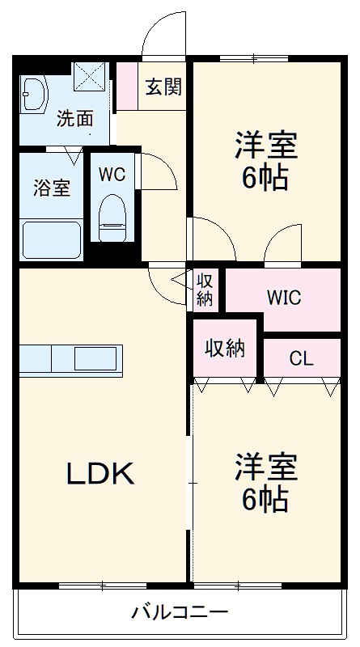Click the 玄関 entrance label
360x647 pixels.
(163, 87)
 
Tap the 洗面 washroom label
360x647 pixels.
(74, 119)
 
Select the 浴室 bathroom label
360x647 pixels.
(51, 188)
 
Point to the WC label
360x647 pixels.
(111, 174)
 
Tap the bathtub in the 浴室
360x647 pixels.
(51, 238)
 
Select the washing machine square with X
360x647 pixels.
(91, 78)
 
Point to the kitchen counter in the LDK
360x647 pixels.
(71, 357)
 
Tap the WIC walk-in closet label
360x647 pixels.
(283, 298)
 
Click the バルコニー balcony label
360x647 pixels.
(180, 611)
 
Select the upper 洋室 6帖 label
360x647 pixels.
(265, 162)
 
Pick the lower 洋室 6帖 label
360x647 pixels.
(265, 484)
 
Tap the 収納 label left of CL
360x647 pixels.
(224, 349)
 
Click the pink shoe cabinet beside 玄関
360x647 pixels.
(128, 86)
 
